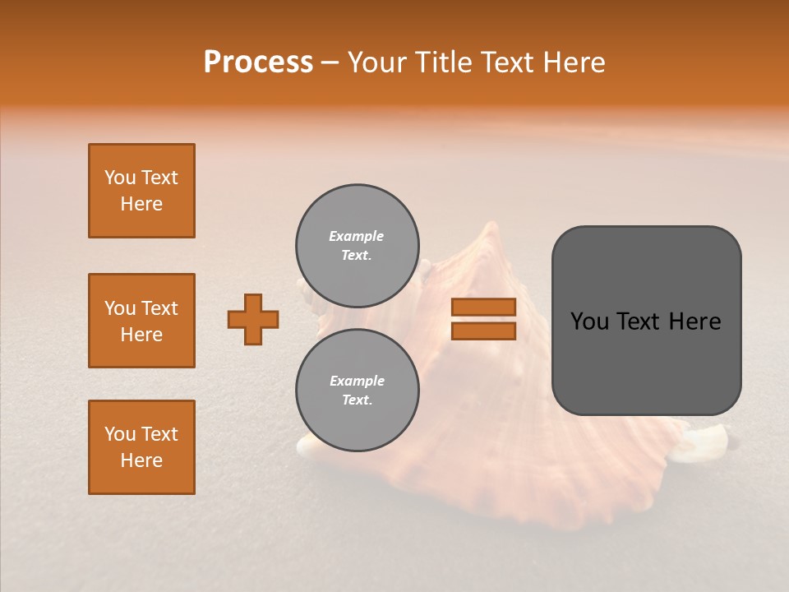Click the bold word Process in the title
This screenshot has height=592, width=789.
[x=258, y=62]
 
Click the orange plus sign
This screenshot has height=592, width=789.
[x=253, y=319]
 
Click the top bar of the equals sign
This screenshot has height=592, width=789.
[x=483, y=308]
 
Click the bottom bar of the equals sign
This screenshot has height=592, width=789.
[x=483, y=331]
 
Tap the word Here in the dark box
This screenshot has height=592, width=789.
[x=694, y=321]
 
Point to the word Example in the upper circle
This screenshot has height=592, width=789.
[x=356, y=236]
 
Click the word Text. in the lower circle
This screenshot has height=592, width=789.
[x=357, y=400]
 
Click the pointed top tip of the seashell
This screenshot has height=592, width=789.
[x=491, y=225]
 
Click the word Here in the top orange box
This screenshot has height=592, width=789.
[x=141, y=204]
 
